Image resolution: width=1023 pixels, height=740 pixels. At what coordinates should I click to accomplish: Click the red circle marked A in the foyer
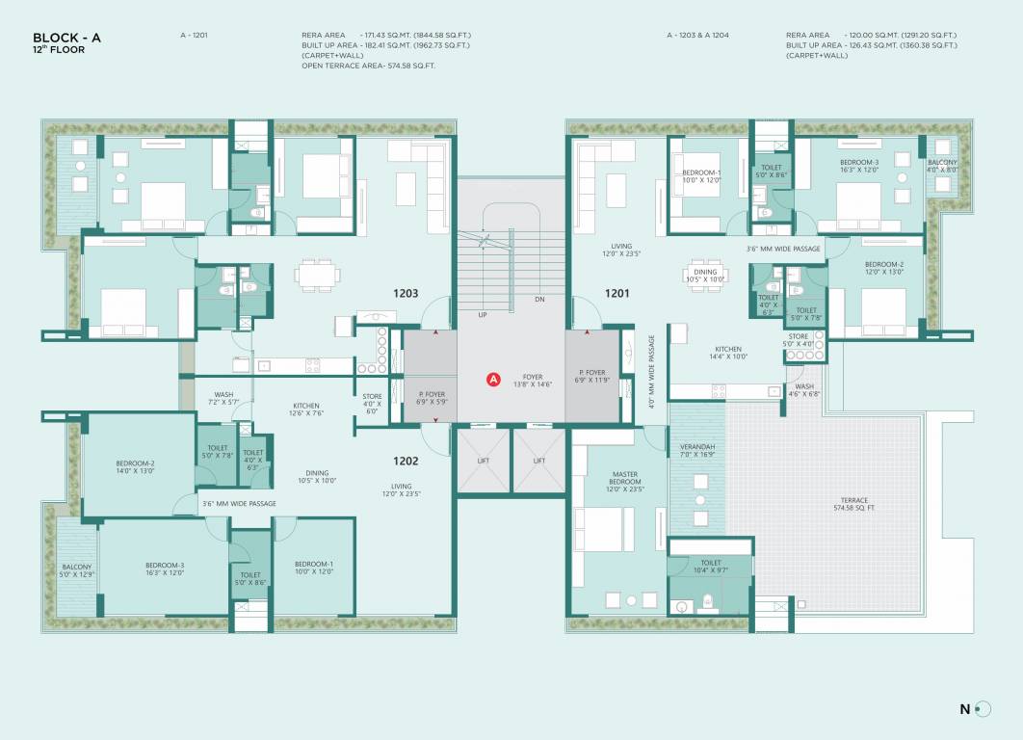(493, 380)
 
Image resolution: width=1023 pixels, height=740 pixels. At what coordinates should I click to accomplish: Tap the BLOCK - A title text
(66, 38)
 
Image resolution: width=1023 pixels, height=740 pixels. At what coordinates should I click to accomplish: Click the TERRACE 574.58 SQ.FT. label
(853, 505)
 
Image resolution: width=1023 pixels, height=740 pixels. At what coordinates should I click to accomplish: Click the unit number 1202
(404, 461)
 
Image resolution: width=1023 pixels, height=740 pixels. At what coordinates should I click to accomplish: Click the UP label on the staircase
(483, 315)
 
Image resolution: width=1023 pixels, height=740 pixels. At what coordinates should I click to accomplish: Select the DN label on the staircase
(539, 300)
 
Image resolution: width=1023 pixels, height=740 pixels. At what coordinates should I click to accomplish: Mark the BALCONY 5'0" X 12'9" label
(76, 570)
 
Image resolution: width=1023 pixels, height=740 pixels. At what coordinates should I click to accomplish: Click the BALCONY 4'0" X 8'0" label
(942, 166)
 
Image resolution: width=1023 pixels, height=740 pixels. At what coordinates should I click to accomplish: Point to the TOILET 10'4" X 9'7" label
(711, 567)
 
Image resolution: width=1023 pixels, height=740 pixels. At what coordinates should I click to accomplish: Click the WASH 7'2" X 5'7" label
(223, 397)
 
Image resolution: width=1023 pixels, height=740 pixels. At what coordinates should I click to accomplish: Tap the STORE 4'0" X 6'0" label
(372, 403)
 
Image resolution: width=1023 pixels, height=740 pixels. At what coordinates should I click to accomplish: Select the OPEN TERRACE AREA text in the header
(369, 66)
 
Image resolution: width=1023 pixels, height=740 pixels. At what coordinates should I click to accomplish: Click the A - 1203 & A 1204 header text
(697, 35)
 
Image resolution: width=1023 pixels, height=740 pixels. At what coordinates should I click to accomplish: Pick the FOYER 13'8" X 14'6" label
(532, 381)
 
